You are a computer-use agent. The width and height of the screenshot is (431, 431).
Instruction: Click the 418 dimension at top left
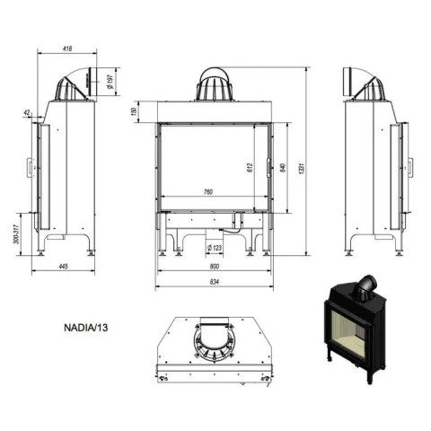(68, 48)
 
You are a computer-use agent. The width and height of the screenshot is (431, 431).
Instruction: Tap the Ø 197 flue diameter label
(110, 82)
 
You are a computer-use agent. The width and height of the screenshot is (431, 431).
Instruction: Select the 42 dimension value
(27, 112)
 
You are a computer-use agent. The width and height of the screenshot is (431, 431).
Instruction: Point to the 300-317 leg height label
(16, 234)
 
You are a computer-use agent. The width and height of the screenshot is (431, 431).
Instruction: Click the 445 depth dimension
(64, 266)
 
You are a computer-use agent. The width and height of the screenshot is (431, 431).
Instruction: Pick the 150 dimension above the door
(134, 111)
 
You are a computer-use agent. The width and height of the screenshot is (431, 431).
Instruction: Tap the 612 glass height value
(251, 167)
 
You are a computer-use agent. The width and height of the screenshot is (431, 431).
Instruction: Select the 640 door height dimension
(283, 167)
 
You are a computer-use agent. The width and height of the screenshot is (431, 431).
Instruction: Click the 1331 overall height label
(302, 168)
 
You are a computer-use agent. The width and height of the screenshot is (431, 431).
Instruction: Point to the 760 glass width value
(207, 192)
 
